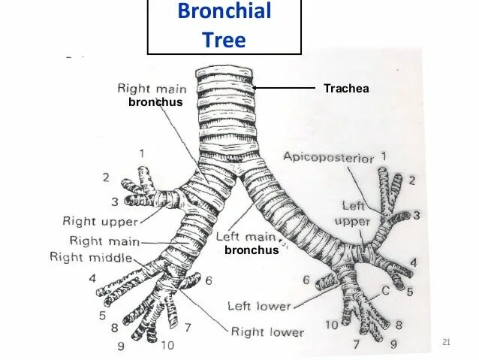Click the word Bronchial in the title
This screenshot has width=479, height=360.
[x=224, y=12]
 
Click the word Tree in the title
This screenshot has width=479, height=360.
[x=224, y=39]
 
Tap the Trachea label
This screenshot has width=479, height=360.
[x=346, y=89]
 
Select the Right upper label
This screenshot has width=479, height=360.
[x=100, y=222]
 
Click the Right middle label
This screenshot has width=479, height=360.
[x=91, y=258]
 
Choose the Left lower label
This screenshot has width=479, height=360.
[x=259, y=306]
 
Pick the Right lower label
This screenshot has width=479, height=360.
[x=267, y=331]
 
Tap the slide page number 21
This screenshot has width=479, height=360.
[x=446, y=343]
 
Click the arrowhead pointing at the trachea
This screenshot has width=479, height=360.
[x=256, y=88]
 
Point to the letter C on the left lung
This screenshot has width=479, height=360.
[x=384, y=291]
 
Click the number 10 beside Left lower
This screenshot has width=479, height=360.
[x=330, y=325]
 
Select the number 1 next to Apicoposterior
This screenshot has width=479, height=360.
[x=384, y=156]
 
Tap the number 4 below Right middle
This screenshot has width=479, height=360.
[x=92, y=279]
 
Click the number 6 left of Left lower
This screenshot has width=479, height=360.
[x=306, y=280]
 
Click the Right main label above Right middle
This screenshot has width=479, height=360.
[x=105, y=241]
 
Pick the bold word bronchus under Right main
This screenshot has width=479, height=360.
[x=155, y=102]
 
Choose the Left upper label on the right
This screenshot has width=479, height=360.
[x=353, y=213]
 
